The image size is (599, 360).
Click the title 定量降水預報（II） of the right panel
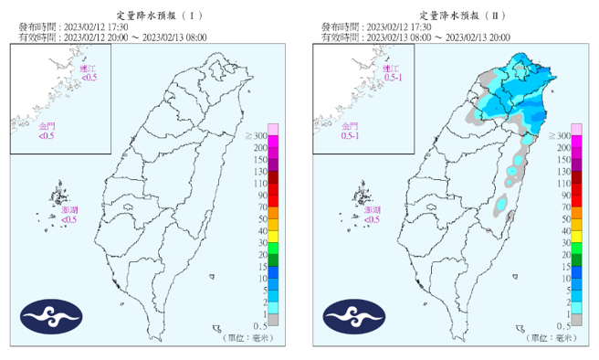(451, 16)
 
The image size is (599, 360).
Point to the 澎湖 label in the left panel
(69, 210)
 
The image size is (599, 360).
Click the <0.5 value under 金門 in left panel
(46, 136)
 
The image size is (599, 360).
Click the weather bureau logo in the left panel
(47, 317)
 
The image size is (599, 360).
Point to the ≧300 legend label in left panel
(254, 136)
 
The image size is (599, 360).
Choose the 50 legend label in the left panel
(259, 219)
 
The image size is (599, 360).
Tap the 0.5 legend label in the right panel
(562, 326)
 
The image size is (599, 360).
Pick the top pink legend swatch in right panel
(576, 129)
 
